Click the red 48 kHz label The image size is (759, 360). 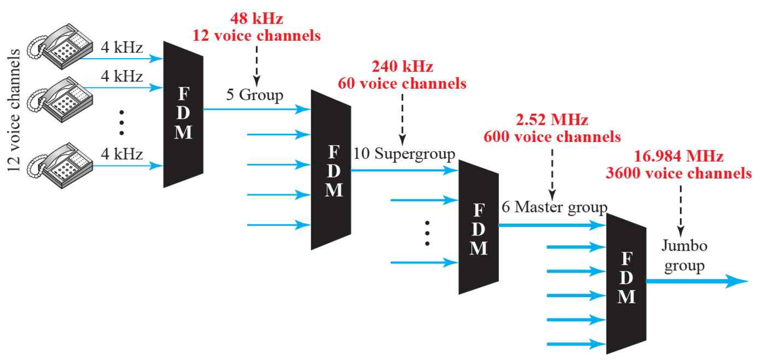pos(257,18)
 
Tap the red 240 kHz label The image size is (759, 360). pos(402,66)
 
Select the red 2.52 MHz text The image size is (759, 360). pos(552,120)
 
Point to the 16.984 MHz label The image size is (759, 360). pos(678,156)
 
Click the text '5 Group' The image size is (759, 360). pos(255,95)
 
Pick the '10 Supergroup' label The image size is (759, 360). pos(404,154)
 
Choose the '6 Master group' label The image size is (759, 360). pos(554,207)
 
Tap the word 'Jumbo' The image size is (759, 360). pos(684,246)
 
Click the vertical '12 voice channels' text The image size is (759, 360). pos(14,110)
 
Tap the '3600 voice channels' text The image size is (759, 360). pos(678,173)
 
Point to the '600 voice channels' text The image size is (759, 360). pos(552,137)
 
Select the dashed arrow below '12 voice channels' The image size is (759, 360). pos(257,66)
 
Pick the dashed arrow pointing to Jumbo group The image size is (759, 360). pos(680,211)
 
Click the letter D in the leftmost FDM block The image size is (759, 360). pos(183,113)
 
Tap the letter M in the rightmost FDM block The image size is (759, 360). pos(626,297)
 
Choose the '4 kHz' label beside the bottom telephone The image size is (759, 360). pos(122,154)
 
